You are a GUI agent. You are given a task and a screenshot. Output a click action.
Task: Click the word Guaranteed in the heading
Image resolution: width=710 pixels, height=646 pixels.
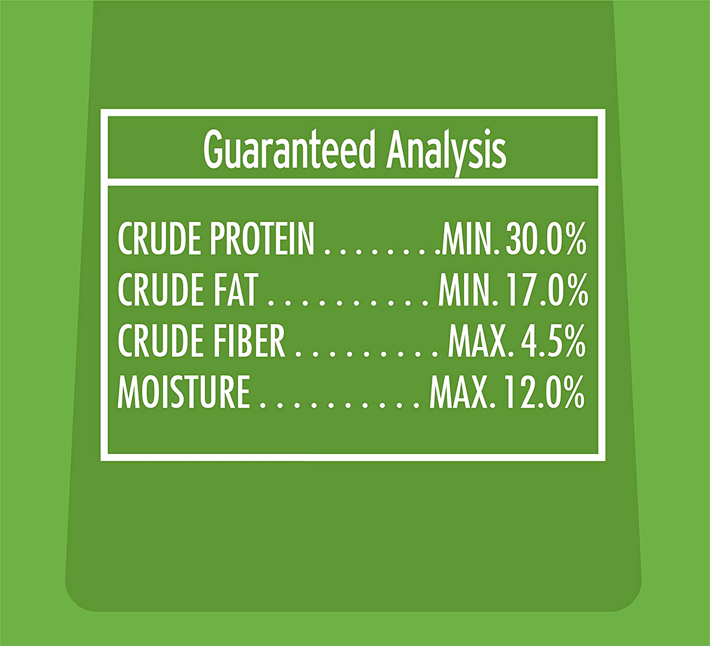click(289, 151)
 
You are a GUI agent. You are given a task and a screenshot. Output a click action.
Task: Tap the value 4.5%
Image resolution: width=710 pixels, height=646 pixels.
click(552, 341)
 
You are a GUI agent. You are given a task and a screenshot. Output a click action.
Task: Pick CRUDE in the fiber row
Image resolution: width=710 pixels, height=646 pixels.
click(161, 341)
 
